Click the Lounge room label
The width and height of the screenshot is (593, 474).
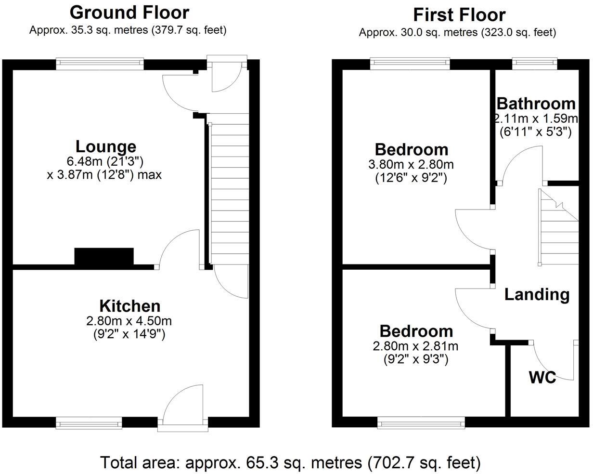[x=106, y=146]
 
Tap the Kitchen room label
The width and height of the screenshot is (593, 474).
[x=129, y=306]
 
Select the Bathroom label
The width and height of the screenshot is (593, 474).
[x=536, y=104]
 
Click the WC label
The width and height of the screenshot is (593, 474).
[x=542, y=378]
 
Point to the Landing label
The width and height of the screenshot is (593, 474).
[x=537, y=294]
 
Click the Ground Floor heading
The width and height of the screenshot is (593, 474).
[x=129, y=13]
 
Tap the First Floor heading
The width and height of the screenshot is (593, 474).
[x=459, y=15]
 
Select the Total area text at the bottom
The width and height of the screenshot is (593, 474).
[x=290, y=463]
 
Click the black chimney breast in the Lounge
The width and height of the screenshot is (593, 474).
[x=104, y=256]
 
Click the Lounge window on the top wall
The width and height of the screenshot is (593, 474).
[x=100, y=64]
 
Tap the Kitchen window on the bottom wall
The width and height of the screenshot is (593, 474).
[x=89, y=423]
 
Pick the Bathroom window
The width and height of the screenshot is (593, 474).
[x=534, y=64]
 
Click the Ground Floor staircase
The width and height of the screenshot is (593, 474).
[x=229, y=193]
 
